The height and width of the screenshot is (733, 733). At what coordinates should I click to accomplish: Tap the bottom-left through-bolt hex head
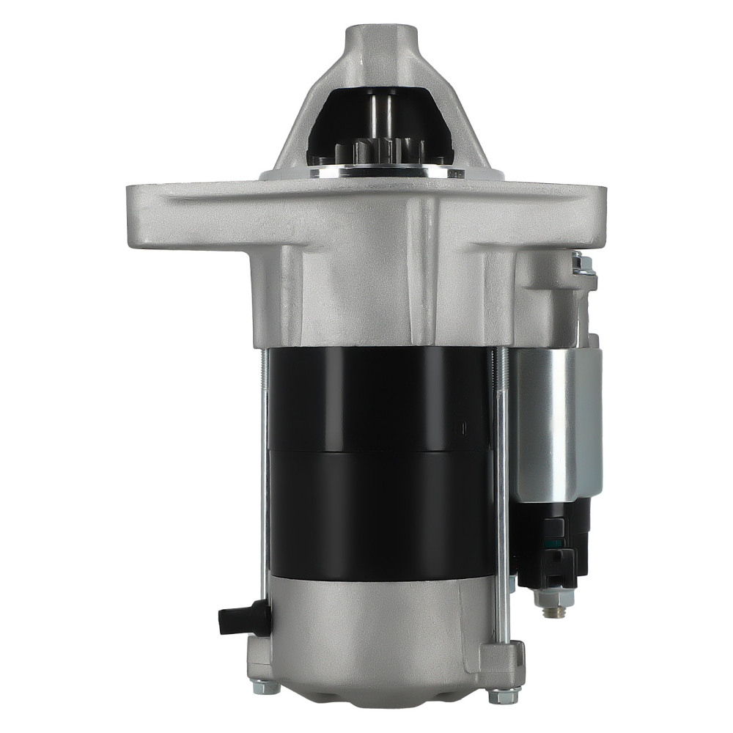tap(265, 687)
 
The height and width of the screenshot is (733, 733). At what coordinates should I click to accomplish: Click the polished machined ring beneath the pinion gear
tap(381, 173)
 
